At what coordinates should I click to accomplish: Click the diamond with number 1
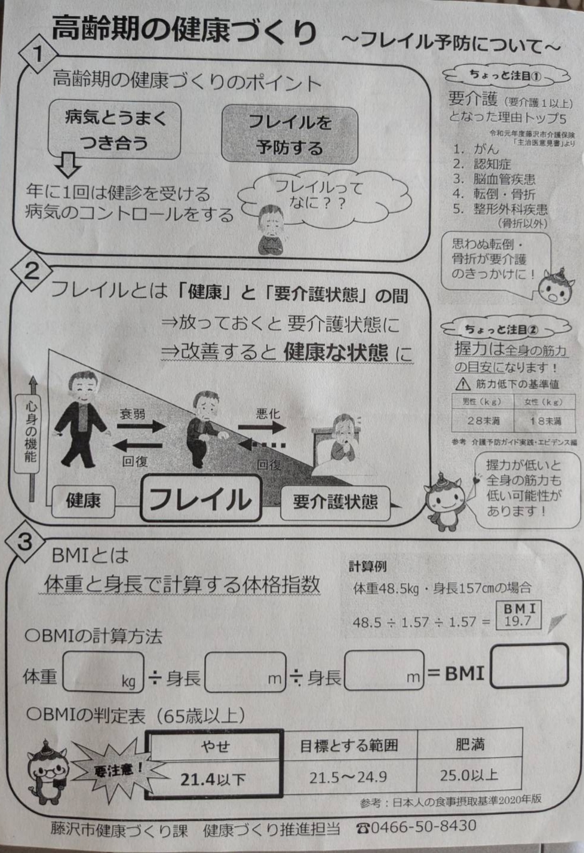click(38, 54)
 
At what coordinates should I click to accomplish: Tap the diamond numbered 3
click(25, 543)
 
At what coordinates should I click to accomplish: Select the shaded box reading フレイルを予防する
click(290, 135)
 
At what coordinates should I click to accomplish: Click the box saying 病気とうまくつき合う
click(114, 130)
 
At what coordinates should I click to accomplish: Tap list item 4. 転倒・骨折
click(494, 194)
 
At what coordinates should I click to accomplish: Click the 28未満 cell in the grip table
click(482, 421)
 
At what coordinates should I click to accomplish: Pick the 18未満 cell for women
click(545, 421)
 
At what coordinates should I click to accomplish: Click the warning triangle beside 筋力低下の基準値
click(463, 384)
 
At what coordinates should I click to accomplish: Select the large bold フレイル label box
click(201, 499)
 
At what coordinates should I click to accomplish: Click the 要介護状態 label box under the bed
click(335, 503)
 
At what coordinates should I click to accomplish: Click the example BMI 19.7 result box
click(518, 615)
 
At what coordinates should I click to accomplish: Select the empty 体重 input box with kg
click(103, 672)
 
